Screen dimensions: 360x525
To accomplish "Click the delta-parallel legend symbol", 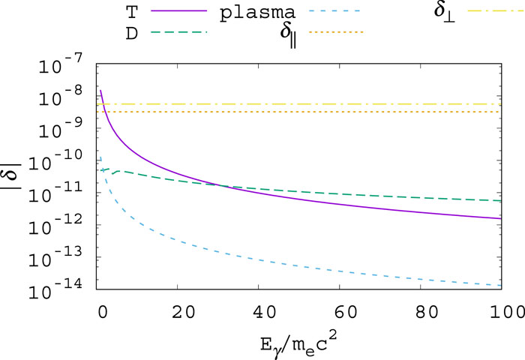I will click(283, 34).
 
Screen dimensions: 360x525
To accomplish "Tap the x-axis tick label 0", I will click(101, 310).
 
